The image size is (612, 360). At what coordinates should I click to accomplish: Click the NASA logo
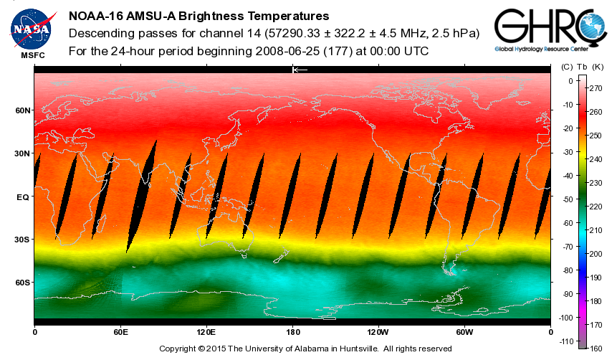(32, 27)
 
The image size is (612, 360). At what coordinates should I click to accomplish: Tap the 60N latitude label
(24, 110)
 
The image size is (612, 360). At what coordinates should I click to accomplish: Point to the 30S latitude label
(24, 240)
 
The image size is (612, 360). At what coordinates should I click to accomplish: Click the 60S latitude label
(24, 283)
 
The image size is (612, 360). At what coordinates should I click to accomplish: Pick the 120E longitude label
(206, 333)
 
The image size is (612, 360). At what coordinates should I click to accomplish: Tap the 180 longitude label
(292, 333)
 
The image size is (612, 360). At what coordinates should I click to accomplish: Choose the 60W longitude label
(464, 333)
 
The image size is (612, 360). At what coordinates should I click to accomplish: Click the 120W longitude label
(378, 333)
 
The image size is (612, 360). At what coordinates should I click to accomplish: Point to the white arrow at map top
(300, 70)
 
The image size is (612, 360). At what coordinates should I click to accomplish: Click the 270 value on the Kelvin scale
(594, 89)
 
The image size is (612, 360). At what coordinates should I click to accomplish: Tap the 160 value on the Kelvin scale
(594, 348)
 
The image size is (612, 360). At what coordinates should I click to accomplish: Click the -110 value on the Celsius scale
(566, 341)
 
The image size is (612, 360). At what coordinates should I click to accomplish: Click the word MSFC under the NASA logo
(32, 55)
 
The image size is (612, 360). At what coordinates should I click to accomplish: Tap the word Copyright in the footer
(181, 349)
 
